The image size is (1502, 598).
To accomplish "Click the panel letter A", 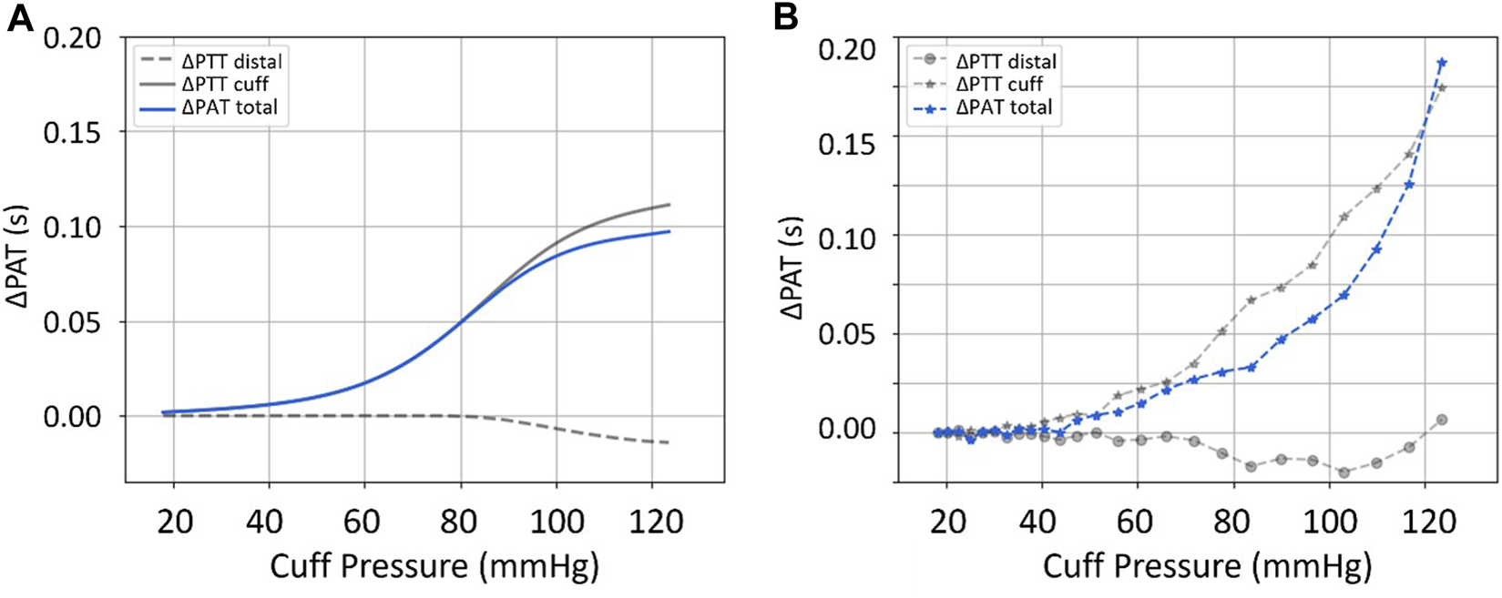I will click(19, 19).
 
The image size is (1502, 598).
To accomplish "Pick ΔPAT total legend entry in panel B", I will click(1004, 106).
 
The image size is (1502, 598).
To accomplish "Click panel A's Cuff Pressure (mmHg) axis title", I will click(434, 567).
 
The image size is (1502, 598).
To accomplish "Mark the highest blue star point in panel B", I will click(1442, 63).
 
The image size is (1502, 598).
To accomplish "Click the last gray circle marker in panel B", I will click(1442, 420).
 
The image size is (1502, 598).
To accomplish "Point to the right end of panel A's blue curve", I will click(669, 231).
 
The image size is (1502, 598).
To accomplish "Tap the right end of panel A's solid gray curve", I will click(669, 205).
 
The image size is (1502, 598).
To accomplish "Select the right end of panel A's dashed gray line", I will click(669, 442).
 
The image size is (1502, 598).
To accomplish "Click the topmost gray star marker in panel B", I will click(1442, 87).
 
